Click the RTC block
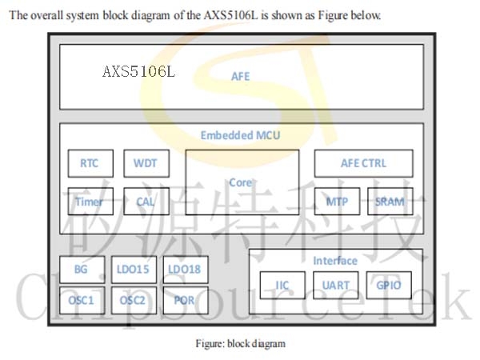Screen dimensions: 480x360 (90, 163)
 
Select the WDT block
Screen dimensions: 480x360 (146, 163)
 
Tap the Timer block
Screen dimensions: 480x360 (90, 202)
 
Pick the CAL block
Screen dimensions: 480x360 (146, 202)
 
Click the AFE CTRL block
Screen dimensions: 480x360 (364, 163)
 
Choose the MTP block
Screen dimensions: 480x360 (337, 202)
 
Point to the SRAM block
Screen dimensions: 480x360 (390, 202)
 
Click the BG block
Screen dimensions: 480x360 (82, 270)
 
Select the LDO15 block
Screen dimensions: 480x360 (134, 270)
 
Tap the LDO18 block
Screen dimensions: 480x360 (186, 270)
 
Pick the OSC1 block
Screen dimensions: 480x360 (82, 300)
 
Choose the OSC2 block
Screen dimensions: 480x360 (134, 300)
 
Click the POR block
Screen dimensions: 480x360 (186, 300)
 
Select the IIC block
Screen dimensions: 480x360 (282, 286)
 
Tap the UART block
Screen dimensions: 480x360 (336, 286)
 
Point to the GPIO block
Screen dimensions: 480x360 (389, 286)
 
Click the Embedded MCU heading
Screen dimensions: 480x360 (240, 135)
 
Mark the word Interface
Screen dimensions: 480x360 (335, 261)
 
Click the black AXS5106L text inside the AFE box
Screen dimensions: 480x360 (138, 72)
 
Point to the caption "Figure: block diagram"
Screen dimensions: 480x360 (241, 344)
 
